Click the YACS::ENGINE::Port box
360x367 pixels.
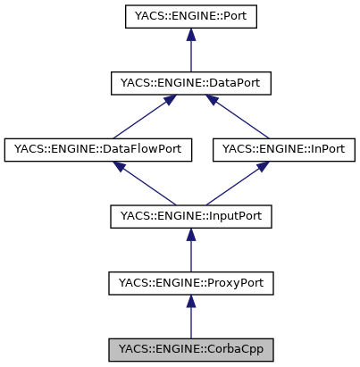tap(189, 16)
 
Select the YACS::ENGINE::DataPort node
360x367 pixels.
tap(189, 83)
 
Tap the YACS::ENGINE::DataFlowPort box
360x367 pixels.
tap(98, 149)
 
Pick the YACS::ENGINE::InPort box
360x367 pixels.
tap(284, 149)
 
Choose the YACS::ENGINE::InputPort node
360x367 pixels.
tap(189, 216)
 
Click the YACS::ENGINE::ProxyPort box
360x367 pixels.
tap(189, 283)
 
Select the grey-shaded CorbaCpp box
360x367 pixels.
tap(189, 349)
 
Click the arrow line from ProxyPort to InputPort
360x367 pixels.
tap(189, 254)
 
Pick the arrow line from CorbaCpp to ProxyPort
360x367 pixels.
tap(189, 321)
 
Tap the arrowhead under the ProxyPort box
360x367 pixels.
tap(189, 303)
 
